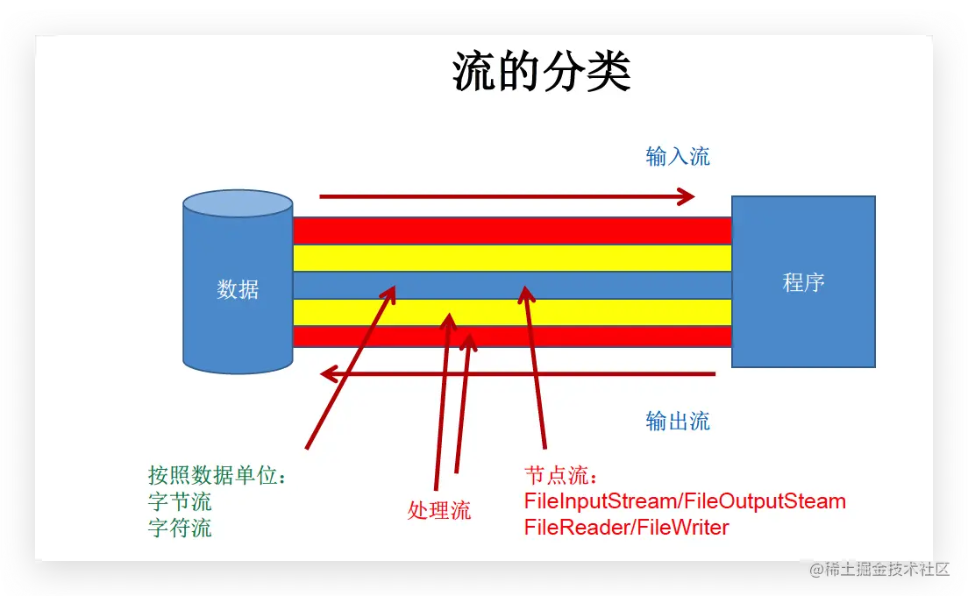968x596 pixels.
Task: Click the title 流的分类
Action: (541, 72)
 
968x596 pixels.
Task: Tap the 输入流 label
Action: (678, 157)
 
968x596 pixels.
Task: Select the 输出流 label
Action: (678, 421)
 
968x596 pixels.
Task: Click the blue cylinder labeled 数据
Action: (238, 289)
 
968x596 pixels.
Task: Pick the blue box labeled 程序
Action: (803, 282)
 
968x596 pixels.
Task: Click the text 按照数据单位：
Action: (218, 476)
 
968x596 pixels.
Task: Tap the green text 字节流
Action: (180, 502)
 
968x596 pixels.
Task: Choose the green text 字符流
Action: (180, 529)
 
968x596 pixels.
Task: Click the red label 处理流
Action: (439, 510)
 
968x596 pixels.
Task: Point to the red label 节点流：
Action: (561, 476)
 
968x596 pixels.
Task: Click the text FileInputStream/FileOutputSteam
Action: (685, 501)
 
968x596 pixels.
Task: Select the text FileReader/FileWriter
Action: (626, 528)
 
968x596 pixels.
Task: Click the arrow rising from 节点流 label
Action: (535, 368)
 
